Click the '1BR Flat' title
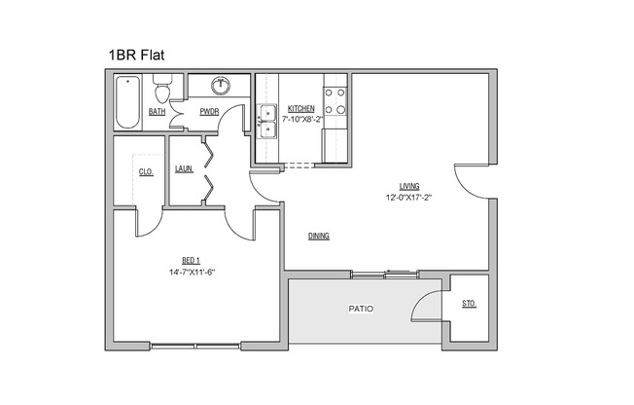[x=136, y=55]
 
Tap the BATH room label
[x=157, y=112]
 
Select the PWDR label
[x=208, y=112]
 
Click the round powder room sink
[x=222, y=86]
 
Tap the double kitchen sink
[x=267, y=116]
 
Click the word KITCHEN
[x=300, y=108]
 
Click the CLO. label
[x=146, y=172]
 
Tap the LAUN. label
[x=184, y=168]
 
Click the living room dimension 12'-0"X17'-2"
[x=407, y=198]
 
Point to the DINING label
[x=318, y=237]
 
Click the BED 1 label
[x=191, y=260]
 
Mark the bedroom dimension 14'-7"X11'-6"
[x=191, y=271]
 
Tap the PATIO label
[x=361, y=309]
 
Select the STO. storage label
[x=469, y=305]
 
